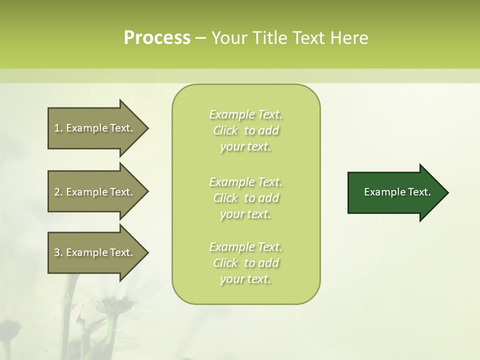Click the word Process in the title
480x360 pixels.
(x=157, y=38)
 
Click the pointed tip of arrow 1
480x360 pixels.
(x=147, y=128)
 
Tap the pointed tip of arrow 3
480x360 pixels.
(x=147, y=252)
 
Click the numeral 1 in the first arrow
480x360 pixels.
(x=56, y=128)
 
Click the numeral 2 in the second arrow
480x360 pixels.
(x=57, y=192)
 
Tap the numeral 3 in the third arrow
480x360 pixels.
(x=57, y=252)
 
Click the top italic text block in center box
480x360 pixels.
(x=245, y=130)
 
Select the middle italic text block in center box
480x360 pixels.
(x=245, y=198)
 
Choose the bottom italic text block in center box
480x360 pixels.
(x=245, y=263)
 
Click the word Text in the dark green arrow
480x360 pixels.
(x=420, y=192)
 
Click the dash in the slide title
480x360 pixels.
(x=200, y=38)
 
